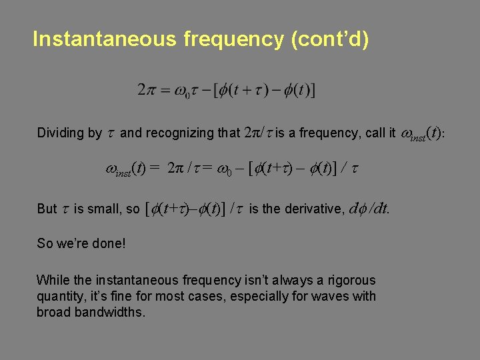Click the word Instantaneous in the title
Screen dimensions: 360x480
tap(103, 39)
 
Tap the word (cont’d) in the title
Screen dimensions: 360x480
tap(329, 39)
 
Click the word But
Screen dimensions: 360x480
tap(47, 209)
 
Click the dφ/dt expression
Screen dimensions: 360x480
tap(369, 209)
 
